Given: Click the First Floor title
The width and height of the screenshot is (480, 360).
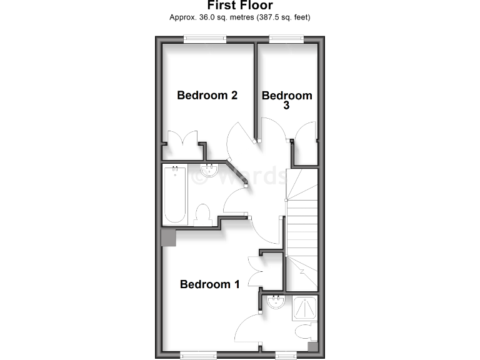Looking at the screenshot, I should (x=240, y=6).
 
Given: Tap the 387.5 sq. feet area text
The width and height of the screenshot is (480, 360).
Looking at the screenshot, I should (x=282, y=17).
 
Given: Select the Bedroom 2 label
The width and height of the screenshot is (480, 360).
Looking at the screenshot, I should (x=207, y=96).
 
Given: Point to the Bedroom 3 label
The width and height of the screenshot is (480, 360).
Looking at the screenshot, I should (x=287, y=100).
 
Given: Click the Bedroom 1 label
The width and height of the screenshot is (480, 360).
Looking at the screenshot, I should (x=209, y=284).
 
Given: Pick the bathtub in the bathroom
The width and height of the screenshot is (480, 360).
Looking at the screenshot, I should (x=175, y=194).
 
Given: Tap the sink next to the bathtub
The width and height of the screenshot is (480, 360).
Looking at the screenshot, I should (x=208, y=170).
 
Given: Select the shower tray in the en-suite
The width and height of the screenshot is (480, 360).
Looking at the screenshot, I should (x=305, y=307).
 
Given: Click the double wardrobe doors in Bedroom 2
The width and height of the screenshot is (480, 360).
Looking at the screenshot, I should (x=182, y=138).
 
